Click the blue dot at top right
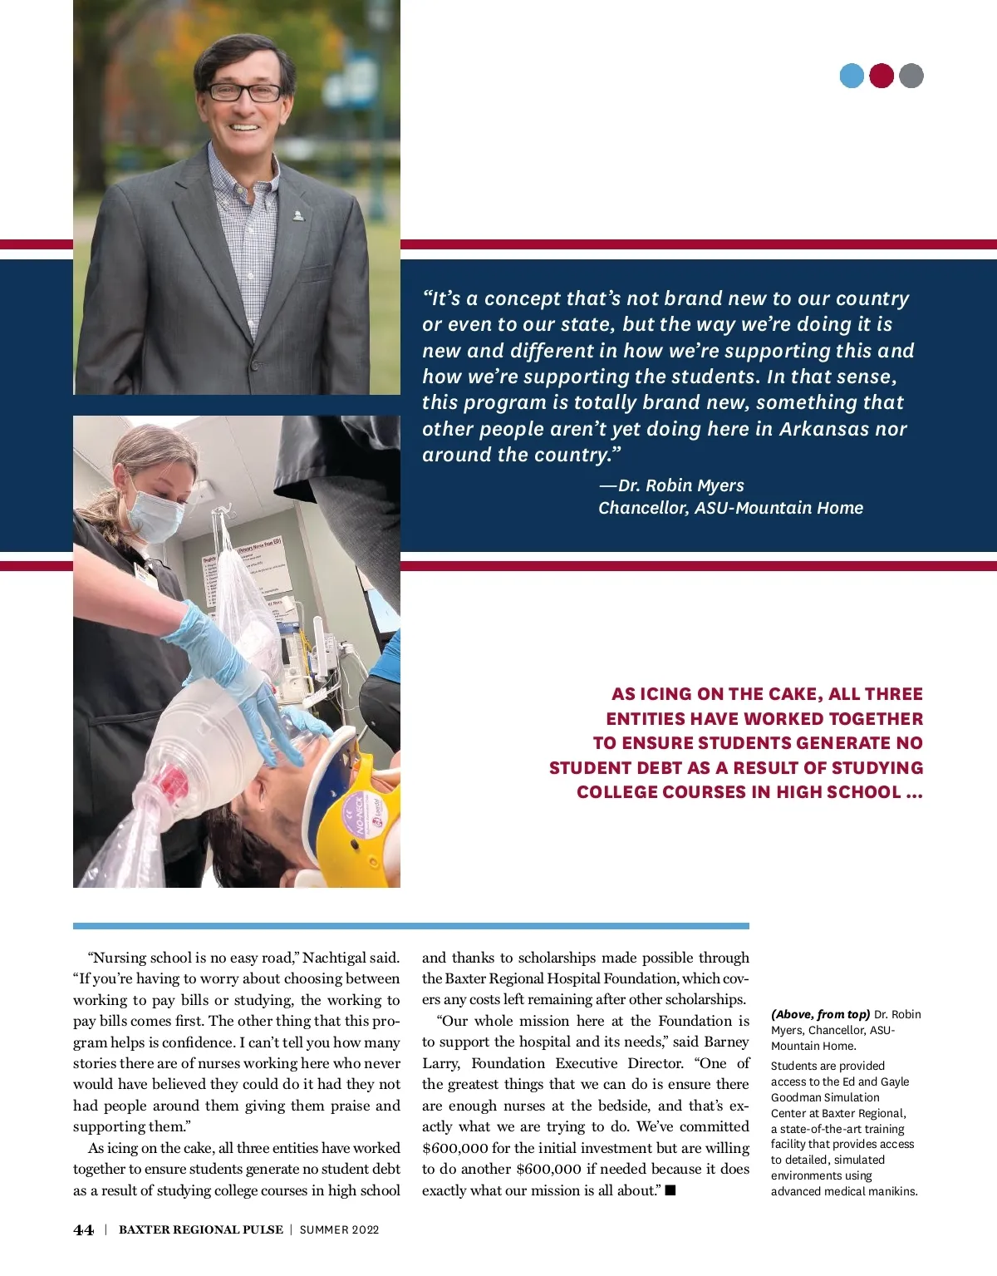coord(852,76)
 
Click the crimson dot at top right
coord(882,76)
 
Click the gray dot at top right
coord(911,76)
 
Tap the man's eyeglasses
coord(244,92)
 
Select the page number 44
coord(83,1230)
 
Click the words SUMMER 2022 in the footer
coord(339,1230)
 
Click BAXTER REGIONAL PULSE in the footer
coord(201,1230)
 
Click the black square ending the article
coord(670,1190)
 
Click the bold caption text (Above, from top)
coord(820,1014)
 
